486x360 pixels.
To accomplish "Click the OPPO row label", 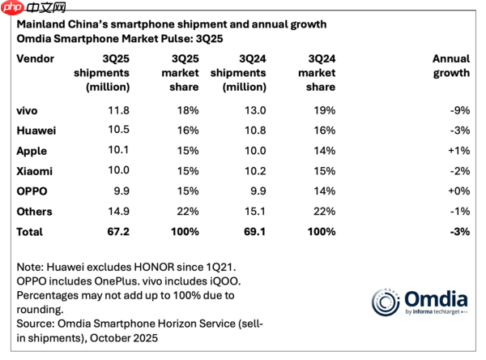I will click(32, 191).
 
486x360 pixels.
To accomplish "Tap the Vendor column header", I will click(36, 58).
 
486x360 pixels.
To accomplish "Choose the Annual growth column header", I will click(451, 66).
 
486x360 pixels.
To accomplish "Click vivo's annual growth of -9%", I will click(458, 109).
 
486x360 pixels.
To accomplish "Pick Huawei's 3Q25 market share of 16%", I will click(186, 130).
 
